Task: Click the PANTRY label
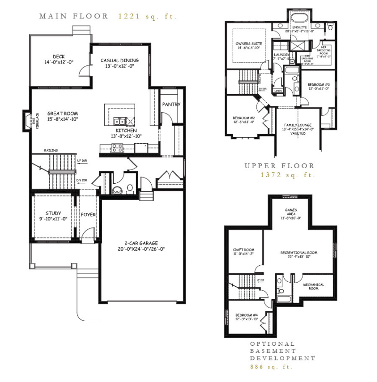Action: [x=171, y=105]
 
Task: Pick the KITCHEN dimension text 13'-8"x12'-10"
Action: [x=126, y=136]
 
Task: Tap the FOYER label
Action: [x=88, y=215]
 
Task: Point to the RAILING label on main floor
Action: [x=51, y=150]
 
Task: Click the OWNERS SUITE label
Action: [x=248, y=43]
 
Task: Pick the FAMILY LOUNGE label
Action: [x=298, y=125]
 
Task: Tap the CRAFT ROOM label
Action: [x=243, y=250]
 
